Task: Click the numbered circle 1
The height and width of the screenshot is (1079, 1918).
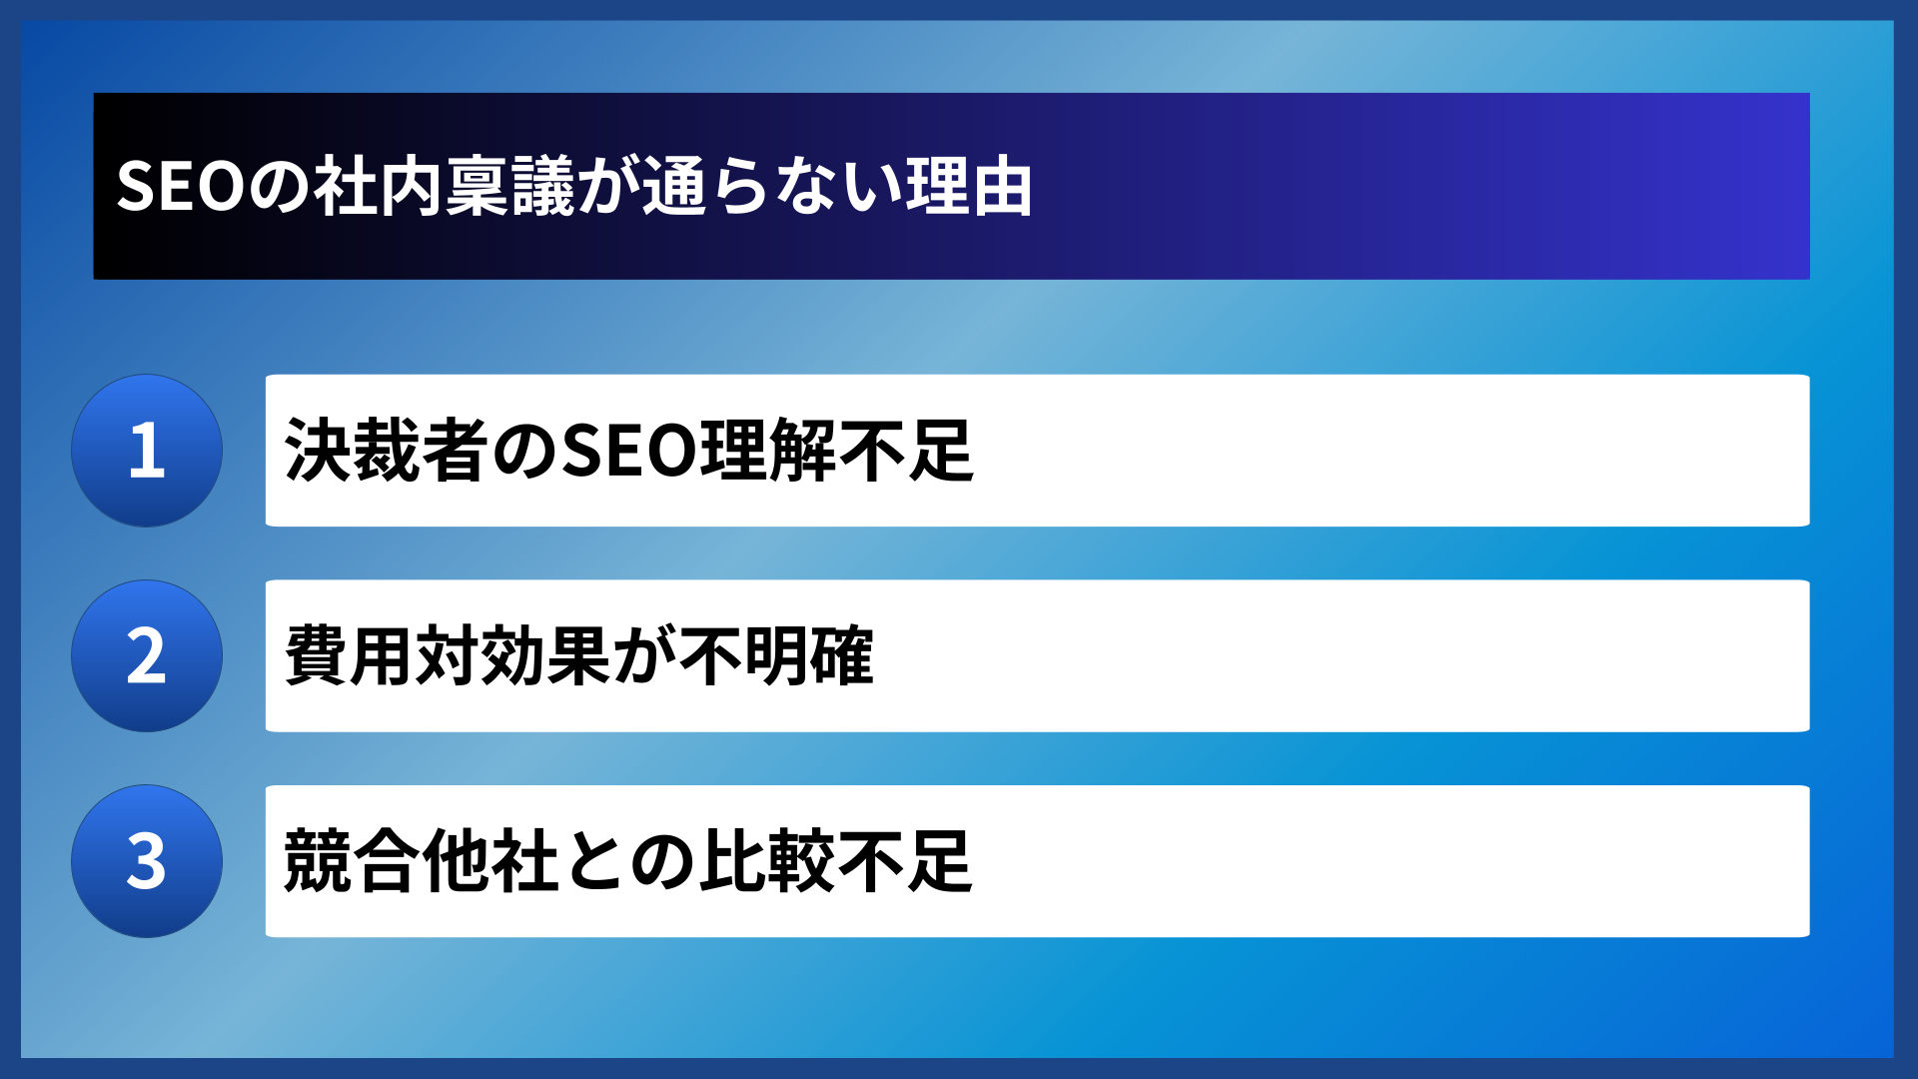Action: click(147, 451)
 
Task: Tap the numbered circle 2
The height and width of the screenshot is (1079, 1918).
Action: click(147, 656)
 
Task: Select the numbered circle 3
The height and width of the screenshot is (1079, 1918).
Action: click(147, 861)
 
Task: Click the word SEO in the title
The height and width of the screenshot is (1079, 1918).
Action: click(180, 187)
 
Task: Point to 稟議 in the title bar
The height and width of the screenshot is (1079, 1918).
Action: click(510, 187)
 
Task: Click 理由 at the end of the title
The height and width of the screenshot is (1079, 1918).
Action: click(969, 187)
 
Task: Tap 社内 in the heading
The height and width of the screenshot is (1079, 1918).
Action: click(378, 187)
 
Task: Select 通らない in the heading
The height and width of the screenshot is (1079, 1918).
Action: click(771, 187)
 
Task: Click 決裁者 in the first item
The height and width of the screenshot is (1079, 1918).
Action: click(387, 451)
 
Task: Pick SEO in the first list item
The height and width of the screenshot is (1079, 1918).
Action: click(629, 451)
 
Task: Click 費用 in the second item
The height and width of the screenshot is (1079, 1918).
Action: click(350, 656)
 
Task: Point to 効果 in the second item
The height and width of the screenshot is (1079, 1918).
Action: click(545, 656)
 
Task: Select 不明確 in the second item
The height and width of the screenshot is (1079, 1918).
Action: click(775, 656)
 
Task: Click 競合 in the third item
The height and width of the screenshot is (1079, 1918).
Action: click(351, 861)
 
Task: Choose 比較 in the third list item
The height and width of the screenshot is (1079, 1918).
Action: click(766, 861)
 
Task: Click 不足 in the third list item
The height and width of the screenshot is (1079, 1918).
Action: click(905, 861)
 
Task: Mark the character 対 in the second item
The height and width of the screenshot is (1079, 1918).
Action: click(448, 656)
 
